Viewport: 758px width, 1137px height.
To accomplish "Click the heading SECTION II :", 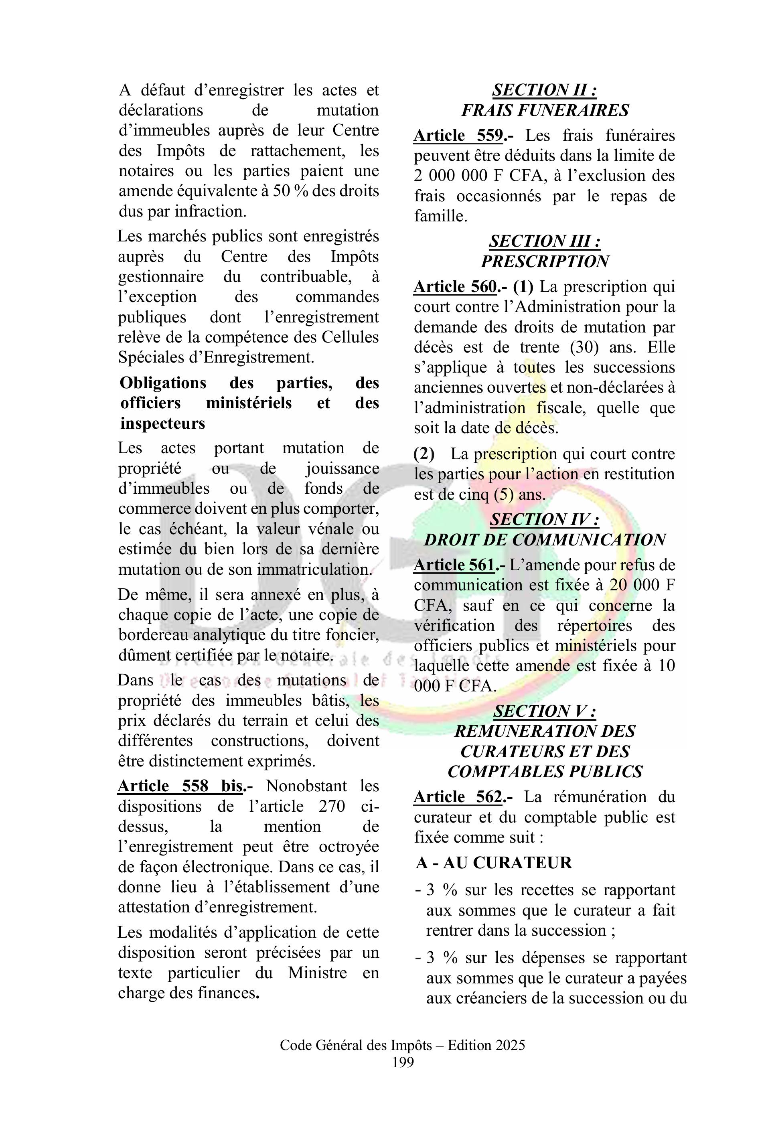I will (544, 90).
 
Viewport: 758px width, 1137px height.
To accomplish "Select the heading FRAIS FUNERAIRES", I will (544, 111).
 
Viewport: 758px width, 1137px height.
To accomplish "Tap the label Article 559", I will (458, 136).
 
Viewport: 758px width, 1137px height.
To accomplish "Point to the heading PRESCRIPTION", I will (544, 261).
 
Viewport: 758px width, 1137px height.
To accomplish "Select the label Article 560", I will (455, 287).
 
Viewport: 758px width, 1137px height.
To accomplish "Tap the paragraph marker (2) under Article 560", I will (424, 454).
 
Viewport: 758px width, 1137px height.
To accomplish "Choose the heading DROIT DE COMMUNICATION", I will (544, 540).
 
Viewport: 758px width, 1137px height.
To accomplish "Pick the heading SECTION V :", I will (544, 711).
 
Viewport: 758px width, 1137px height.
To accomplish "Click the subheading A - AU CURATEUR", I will (494, 862).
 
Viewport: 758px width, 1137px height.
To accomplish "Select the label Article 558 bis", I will (180, 786).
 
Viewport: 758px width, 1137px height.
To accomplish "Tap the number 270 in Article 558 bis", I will (332, 807).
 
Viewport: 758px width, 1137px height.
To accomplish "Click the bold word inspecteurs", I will (162, 424).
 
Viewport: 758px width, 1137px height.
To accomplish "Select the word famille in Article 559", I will (440, 216).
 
